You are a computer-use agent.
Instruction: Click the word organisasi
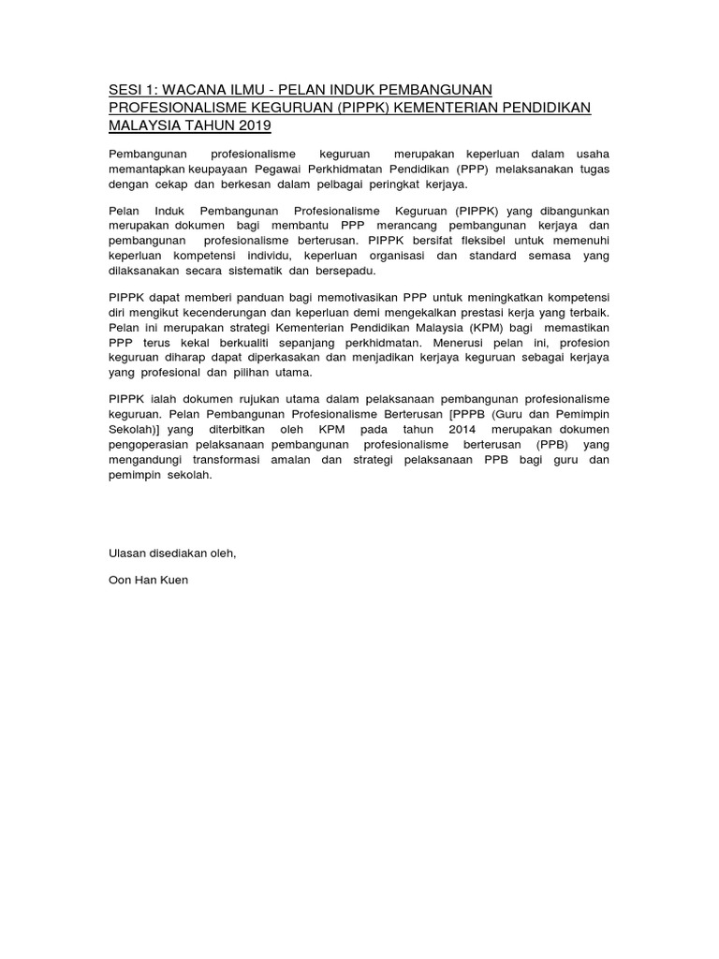pos(426,256)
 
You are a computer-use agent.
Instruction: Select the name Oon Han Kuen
pos(149,580)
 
